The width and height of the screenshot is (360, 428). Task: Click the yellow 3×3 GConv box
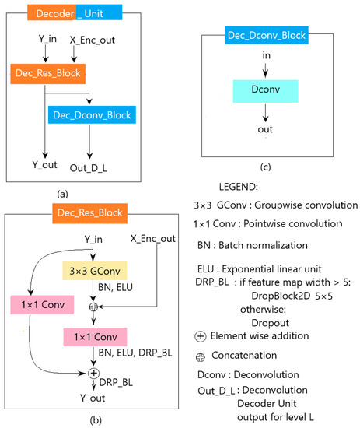(93, 270)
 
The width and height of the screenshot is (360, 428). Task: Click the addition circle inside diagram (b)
(93, 374)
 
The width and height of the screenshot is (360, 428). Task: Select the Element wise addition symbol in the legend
(204, 335)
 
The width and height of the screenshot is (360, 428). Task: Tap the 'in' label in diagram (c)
(266, 54)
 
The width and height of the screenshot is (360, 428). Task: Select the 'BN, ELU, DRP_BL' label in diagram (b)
(138, 355)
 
